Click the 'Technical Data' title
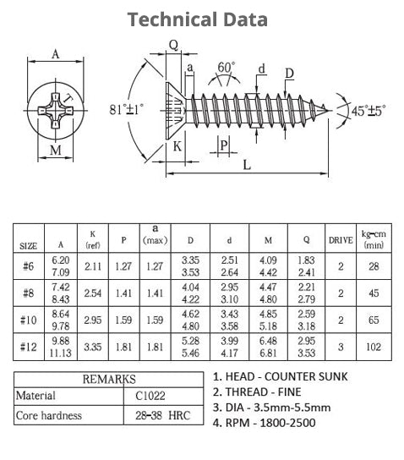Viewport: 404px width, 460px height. (199, 19)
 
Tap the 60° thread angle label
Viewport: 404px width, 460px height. (226, 67)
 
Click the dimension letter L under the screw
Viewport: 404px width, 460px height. (247, 166)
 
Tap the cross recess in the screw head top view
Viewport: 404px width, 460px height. (56, 109)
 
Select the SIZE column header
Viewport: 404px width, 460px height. (29, 245)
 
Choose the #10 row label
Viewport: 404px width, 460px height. (29, 320)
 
